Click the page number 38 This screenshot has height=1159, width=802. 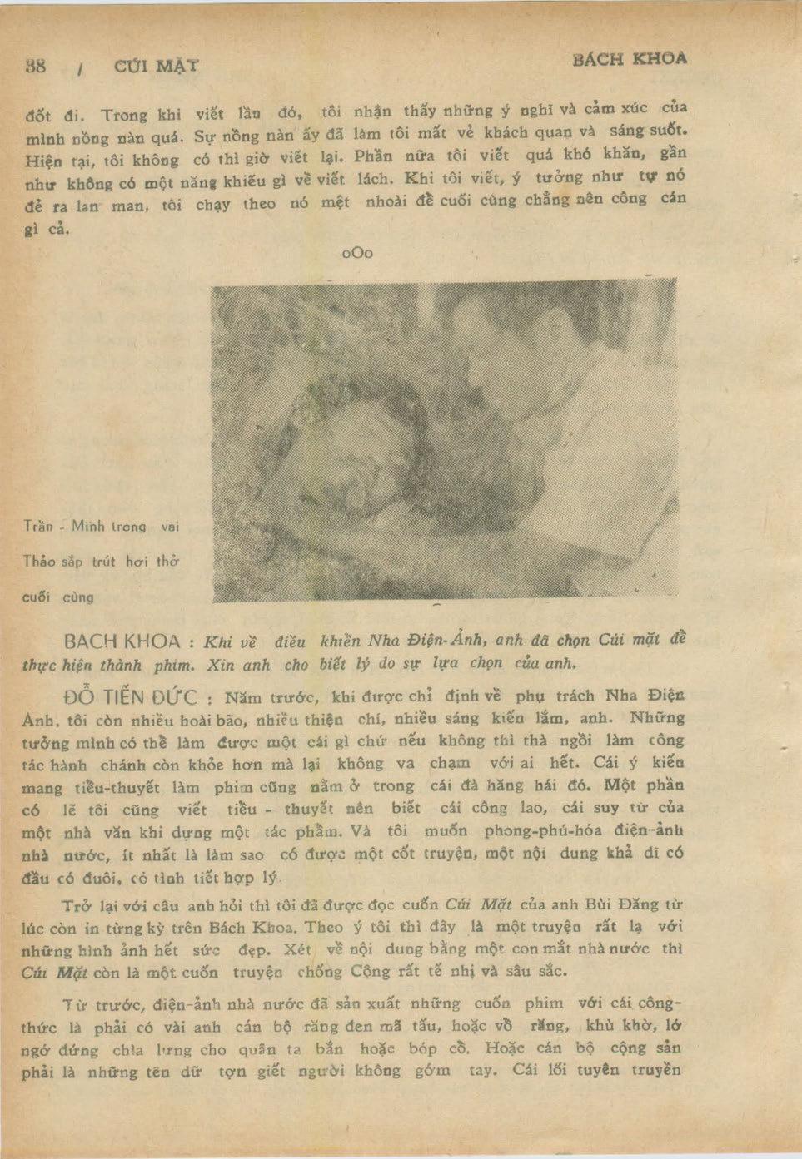pos(36,67)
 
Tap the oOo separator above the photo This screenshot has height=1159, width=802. pos(357,253)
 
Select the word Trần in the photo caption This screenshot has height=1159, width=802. pos(38,526)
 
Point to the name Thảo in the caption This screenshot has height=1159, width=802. pos(39,562)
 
